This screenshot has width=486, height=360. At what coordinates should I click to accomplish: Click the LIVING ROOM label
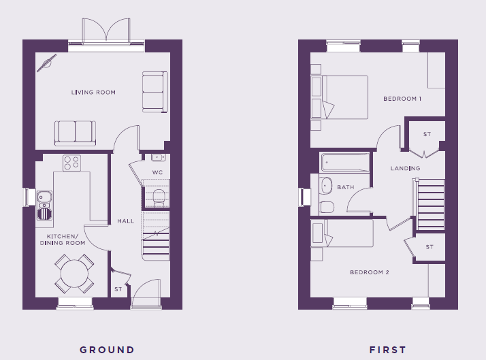93,93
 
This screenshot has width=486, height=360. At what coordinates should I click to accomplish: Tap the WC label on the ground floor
157,172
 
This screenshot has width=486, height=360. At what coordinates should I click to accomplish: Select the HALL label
125,221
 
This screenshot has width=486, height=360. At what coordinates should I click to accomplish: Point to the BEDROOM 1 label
402,99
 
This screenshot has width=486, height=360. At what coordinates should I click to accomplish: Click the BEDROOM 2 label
370,272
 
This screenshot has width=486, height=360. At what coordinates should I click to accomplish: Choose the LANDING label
405,168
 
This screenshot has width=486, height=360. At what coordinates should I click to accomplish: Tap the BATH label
346,187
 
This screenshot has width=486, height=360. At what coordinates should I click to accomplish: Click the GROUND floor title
107,350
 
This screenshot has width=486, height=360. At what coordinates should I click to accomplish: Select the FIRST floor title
387,350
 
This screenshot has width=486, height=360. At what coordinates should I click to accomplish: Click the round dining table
74,274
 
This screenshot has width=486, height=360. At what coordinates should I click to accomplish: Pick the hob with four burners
71,163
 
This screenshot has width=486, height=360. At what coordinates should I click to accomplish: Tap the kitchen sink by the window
44,205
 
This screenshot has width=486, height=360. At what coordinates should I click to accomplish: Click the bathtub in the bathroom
345,162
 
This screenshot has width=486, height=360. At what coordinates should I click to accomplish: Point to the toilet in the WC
159,197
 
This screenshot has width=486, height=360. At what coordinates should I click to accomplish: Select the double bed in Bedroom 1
340,97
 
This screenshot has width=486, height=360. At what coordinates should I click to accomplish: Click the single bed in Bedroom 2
342,233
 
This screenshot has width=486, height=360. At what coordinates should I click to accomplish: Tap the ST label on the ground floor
118,289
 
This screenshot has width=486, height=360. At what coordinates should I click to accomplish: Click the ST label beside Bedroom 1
427,134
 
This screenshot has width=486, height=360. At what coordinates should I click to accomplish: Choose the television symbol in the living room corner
47,63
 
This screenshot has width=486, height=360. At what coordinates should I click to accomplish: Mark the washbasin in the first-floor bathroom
325,186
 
